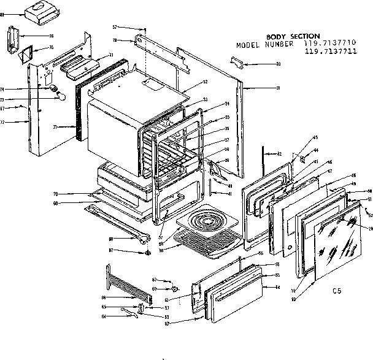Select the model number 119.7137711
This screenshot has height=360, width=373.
point(328,53)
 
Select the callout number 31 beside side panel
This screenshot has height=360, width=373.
point(277,88)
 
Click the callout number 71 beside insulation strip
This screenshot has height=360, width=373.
point(55,127)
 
